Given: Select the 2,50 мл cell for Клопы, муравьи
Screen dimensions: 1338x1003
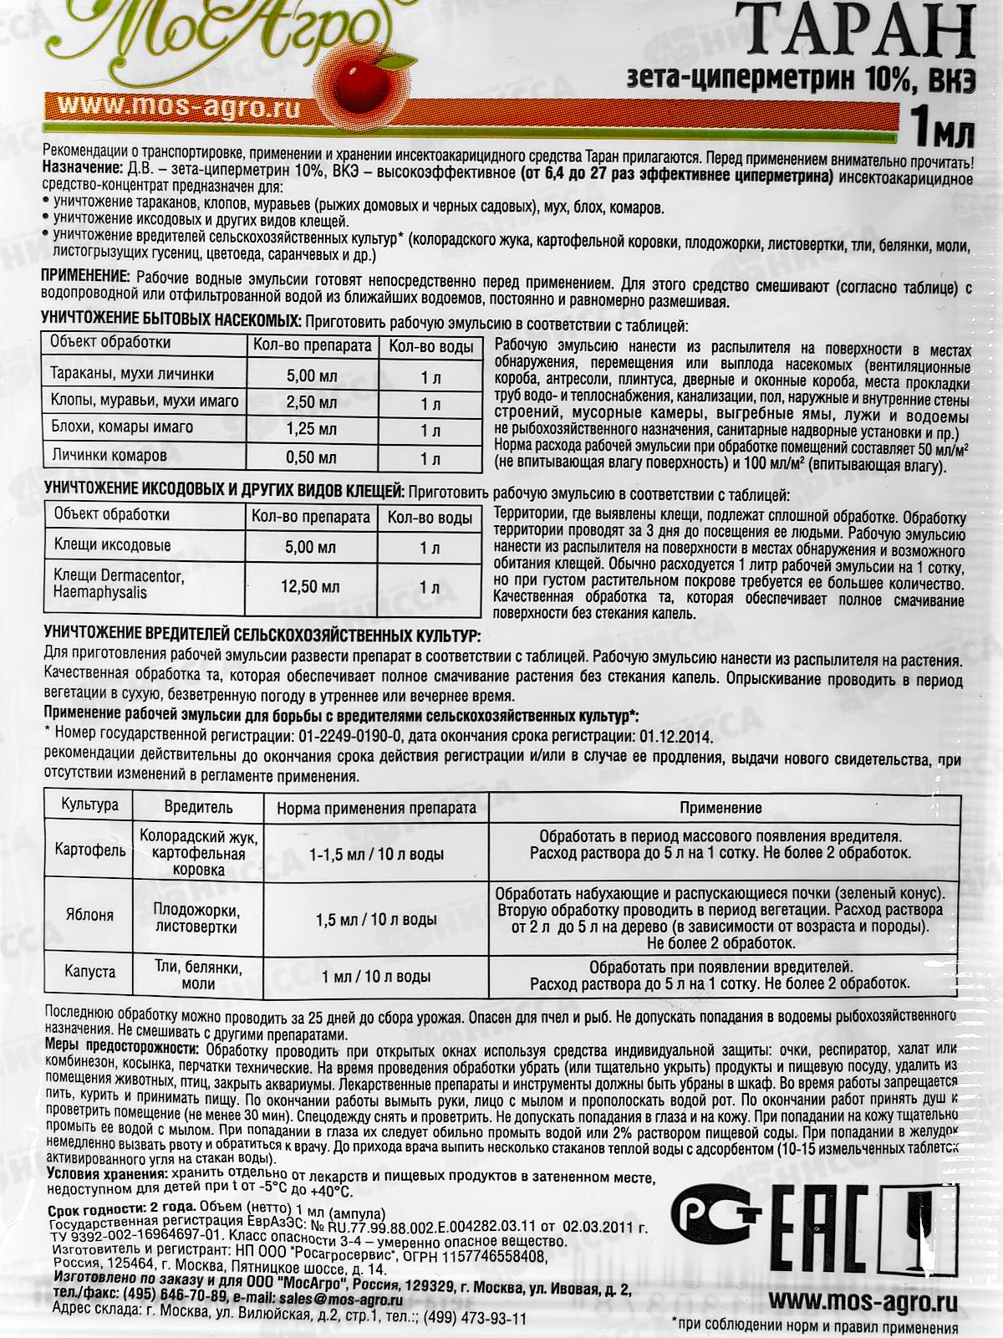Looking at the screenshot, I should click(312, 402).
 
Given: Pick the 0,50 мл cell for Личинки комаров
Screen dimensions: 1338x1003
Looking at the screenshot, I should click(312, 457).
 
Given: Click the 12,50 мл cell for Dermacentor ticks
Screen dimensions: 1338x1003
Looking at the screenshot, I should click(312, 587).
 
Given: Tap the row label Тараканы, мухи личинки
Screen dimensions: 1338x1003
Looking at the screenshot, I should click(132, 374).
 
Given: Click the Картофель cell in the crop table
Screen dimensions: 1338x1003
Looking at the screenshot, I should click(89, 851).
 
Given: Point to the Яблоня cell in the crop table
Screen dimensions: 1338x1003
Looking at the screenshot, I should click(89, 916).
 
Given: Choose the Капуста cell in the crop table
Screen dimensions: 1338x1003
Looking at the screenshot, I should click(89, 973).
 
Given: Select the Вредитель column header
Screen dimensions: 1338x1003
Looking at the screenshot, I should click(199, 808).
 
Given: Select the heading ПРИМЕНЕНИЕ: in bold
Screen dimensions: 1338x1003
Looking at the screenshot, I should click(84, 277).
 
